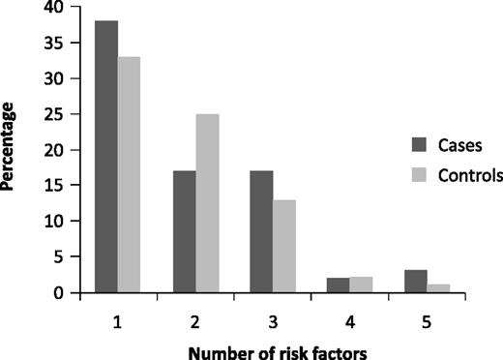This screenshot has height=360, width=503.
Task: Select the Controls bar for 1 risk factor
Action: pos(129,175)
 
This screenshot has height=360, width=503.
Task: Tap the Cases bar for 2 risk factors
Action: pos(185,232)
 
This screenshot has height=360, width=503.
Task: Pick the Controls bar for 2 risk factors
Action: pos(208,203)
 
